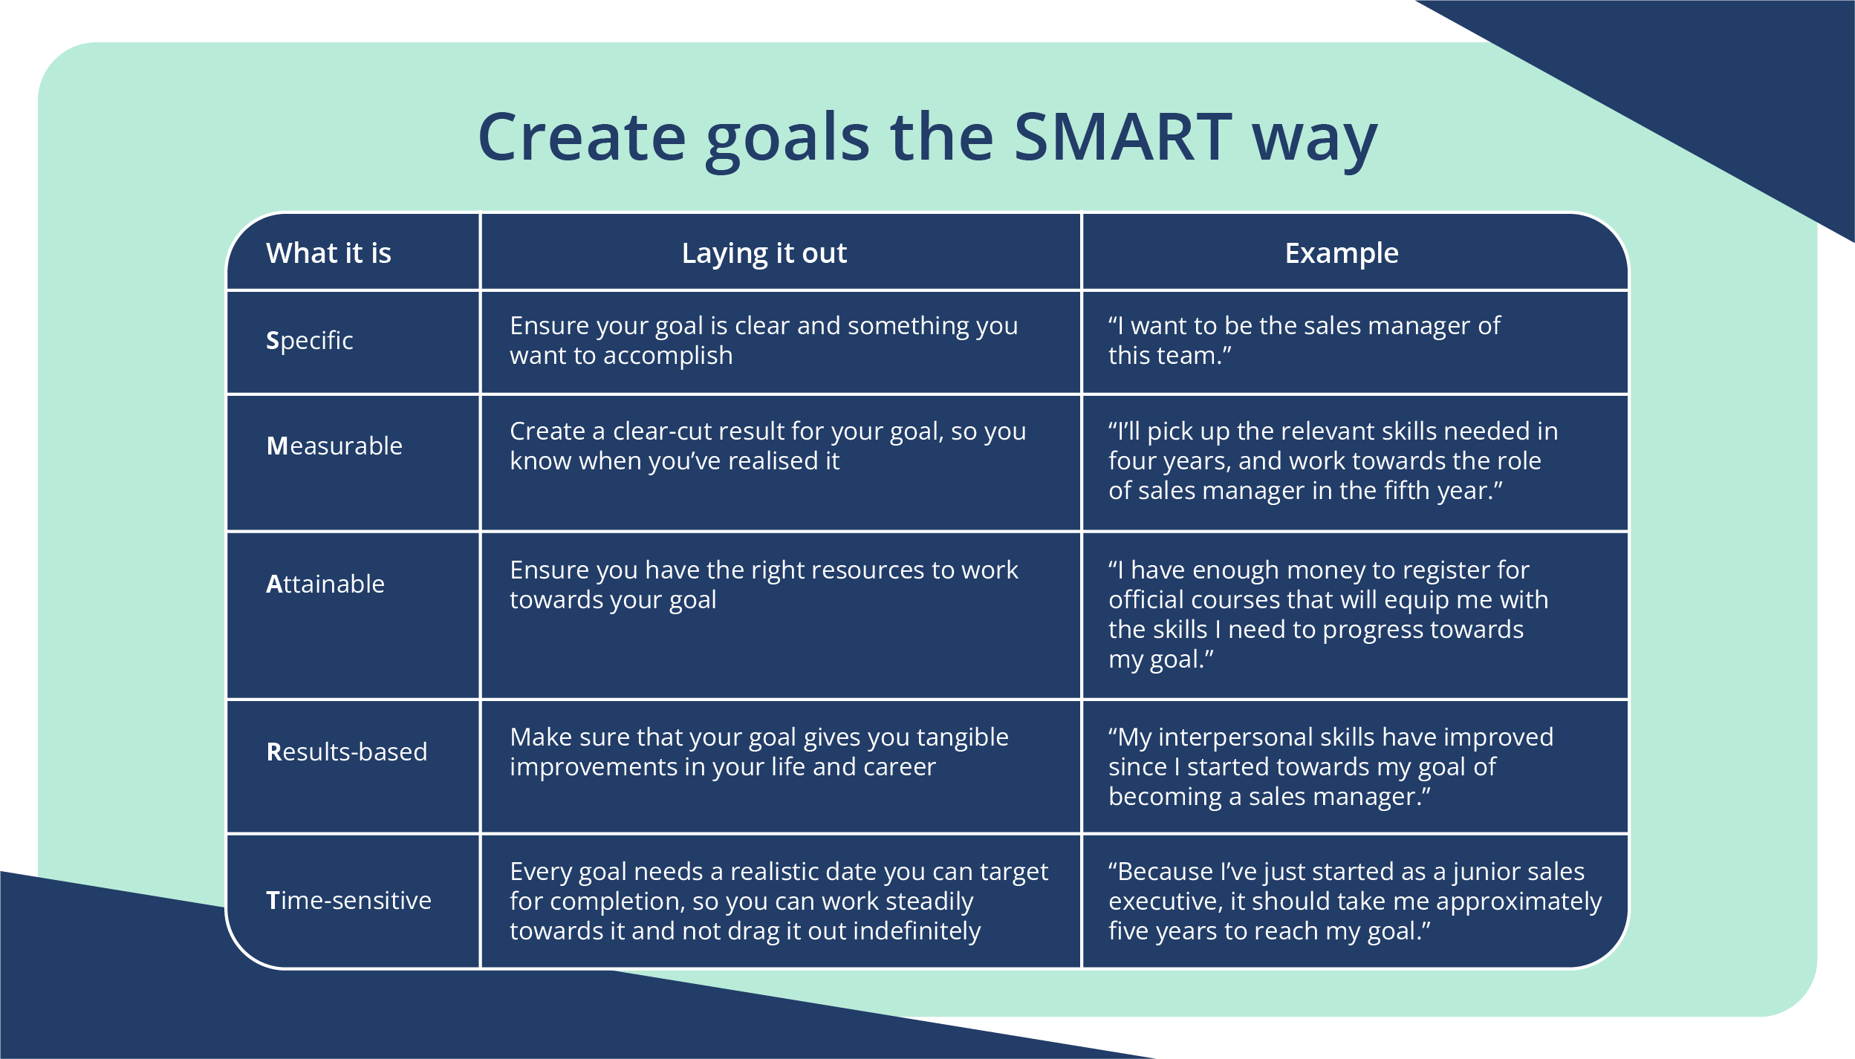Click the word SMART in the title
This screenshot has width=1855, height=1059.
pos(1123,137)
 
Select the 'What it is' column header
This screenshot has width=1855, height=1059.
pos(328,253)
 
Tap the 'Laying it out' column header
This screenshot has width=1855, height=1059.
pos(764,253)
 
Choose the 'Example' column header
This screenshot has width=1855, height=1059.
pos(1342,253)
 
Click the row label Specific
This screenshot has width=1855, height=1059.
pos(309,340)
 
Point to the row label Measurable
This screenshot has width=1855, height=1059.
pos(334,446)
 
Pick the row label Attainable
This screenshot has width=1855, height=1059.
pos(325,584)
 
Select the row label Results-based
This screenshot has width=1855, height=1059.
pos(346,752)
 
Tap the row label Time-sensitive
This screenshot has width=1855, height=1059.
pos(348,900)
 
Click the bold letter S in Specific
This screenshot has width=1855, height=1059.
pos(272,340)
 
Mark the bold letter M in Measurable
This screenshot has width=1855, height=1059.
pos(276,446)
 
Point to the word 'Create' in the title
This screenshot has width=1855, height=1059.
pos(582,137)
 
